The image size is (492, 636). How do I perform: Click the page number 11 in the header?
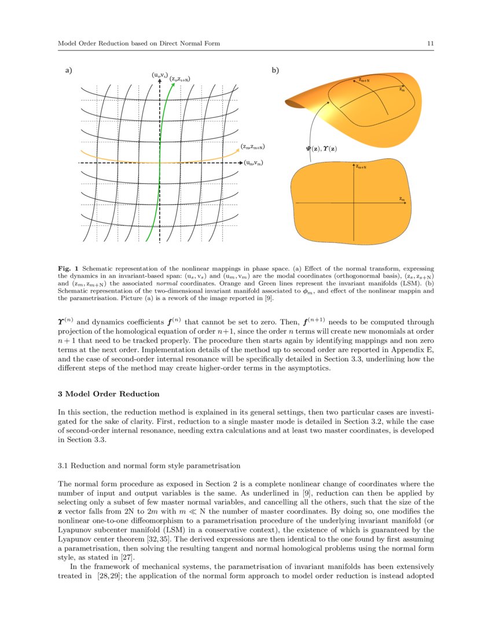pos(430,43)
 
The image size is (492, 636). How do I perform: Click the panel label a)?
pos(68,71)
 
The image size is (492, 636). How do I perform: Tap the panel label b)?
pos(276,71)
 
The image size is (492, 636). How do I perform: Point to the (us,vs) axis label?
pos(160,75)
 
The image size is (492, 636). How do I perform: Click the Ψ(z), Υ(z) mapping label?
pos(321,149)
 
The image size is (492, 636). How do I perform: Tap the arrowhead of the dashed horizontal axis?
pos(238,164)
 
